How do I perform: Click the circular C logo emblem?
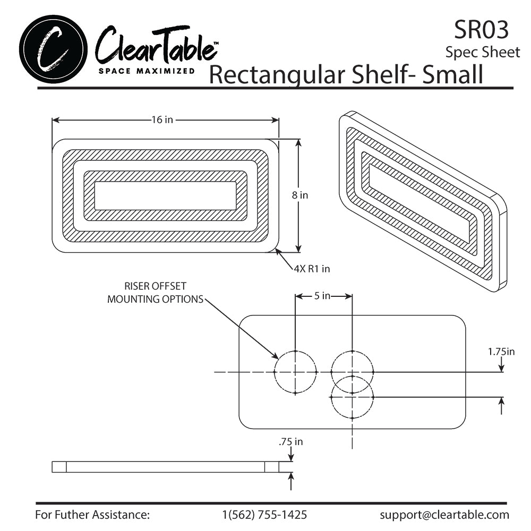coord(53,48)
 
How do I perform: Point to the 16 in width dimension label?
coord(162,120)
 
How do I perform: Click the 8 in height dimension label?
coord(300,195)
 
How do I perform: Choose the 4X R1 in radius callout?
coord(312,269)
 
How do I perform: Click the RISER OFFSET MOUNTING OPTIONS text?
coord(155,293)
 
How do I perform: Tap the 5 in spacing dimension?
coord(322,296)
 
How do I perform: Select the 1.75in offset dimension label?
coord(501,351)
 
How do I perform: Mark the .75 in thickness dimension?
coord(290,441)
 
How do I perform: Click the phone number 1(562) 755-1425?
coord(264,515)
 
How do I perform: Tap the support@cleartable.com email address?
coord(444,515)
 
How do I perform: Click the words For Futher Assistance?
coord(92,515)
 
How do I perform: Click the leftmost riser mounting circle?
coord(295,372)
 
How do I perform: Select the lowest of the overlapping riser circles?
coord(352,404)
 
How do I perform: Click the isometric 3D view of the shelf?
coord(422,202)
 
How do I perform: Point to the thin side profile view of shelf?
coord(166,467)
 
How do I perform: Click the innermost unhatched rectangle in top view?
coord(166,195)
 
